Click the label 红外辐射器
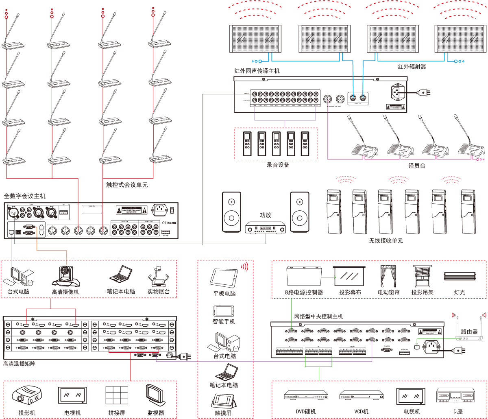412,67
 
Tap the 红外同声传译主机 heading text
257,71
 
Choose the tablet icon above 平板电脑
224,277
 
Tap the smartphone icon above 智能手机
224,310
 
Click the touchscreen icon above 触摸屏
224,401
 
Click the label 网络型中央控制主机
318,316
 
